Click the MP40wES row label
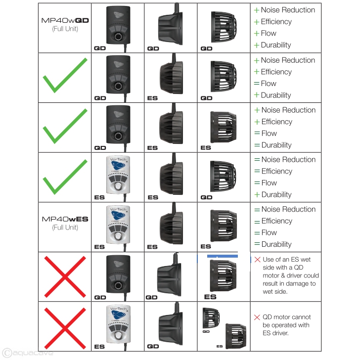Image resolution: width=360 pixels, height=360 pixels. tap(64, 219)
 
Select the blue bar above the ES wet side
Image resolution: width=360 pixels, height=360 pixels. tap(222, 257)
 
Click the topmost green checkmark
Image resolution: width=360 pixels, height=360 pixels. tap(64, 77)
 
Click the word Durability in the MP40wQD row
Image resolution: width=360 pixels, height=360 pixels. tap(276, 45)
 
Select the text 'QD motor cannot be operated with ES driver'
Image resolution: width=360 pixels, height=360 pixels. tap(286, 325)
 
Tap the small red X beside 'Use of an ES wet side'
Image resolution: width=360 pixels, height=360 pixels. tap(257, 260)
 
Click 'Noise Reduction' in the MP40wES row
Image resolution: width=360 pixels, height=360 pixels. tap(288, 209)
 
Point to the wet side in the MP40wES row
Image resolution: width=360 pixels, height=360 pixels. tap(223, 225)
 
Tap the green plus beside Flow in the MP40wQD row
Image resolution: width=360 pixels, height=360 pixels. tap(257, 33)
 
